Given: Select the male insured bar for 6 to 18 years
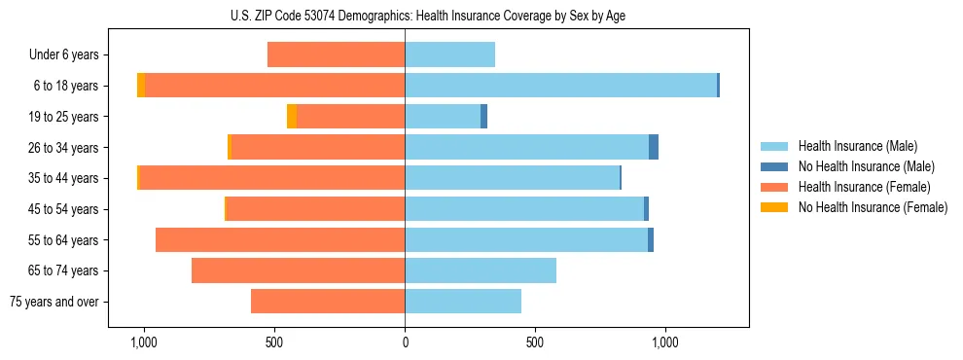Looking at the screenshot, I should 560,86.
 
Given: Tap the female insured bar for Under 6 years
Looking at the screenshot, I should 336,54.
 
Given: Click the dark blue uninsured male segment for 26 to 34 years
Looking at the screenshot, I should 654,147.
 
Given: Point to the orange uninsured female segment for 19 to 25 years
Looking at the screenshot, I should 292,117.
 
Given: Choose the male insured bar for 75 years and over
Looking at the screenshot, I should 463,302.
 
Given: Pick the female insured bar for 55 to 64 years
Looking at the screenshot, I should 280,239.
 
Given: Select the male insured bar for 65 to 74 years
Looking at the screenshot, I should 481,270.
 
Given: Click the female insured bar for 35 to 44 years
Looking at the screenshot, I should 271,178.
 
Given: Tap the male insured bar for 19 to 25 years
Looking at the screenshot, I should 443,117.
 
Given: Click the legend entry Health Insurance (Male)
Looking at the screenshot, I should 857,147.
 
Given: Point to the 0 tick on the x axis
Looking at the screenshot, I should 405,342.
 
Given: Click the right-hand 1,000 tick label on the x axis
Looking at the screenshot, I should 665,342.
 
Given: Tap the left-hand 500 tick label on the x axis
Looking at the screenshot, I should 274,342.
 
